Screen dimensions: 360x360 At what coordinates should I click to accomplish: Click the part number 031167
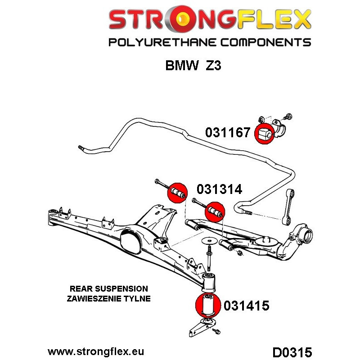[227, 133]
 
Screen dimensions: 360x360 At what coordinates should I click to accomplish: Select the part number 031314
[219, 189]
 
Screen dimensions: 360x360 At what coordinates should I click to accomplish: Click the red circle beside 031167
[264, 133]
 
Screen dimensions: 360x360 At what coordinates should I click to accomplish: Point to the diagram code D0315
[292, 351]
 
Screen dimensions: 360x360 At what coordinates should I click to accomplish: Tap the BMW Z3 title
[193, 66]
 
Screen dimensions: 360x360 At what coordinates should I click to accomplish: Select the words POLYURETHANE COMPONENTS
[209, 43]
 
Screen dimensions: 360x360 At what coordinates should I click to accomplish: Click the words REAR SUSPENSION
[108, 288]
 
